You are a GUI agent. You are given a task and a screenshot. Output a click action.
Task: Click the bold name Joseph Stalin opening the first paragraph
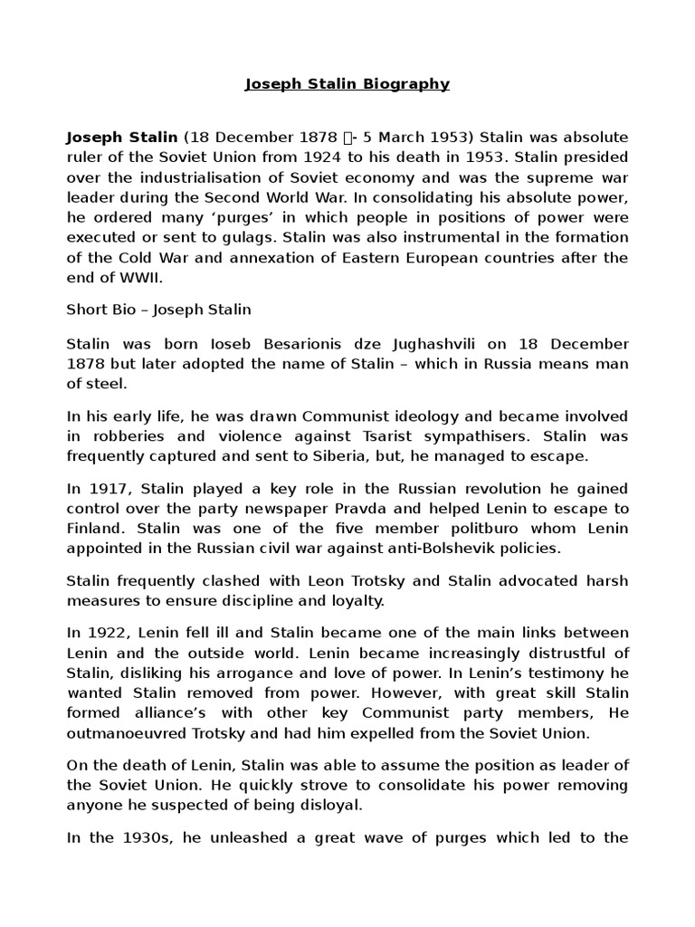[x=122, y=138]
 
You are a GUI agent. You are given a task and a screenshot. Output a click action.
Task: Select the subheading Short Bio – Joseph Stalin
[x=159, y=310]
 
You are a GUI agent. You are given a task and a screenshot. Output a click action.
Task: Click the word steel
[x=109, y=383]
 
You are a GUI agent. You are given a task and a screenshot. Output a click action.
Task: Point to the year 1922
[x=106, y=632]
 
